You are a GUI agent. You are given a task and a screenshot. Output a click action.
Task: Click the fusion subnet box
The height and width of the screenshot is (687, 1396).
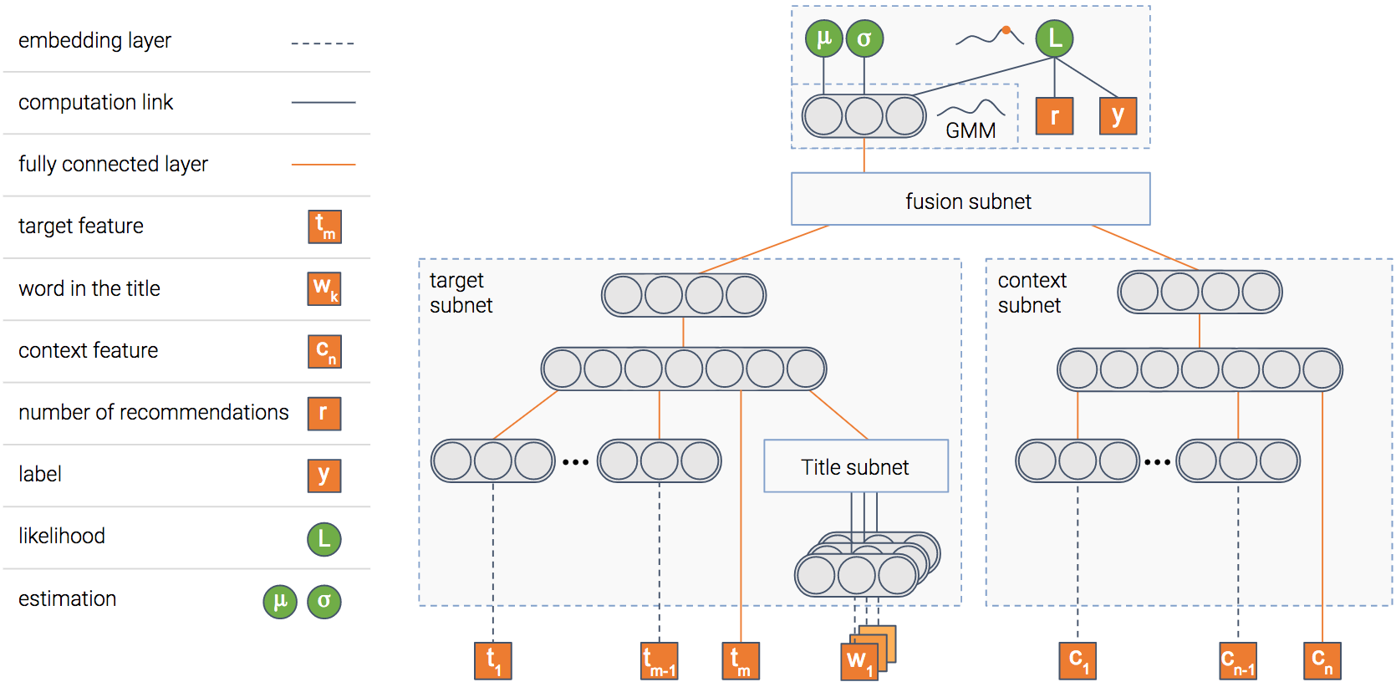click(970, 200)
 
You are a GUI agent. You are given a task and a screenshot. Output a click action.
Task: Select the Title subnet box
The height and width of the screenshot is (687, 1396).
click(855, 466)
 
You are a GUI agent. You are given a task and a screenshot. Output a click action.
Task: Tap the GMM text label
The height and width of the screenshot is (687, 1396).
click(971, 130)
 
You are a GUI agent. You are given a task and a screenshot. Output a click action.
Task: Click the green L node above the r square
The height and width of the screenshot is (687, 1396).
click(1054, 38)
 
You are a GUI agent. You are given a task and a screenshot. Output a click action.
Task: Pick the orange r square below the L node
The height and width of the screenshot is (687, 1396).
click(1054, 116)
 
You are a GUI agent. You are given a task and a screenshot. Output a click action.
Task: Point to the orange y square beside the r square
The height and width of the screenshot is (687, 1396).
click(1118, 116)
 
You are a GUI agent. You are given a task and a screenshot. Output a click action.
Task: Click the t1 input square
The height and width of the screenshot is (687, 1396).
click(493, 660)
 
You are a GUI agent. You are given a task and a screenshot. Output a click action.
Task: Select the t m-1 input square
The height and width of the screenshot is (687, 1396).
click(659, 660)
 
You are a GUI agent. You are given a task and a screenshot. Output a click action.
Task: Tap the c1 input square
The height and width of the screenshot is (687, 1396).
click(1078, 660)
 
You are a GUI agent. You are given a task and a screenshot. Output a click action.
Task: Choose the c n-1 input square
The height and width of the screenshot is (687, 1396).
click(1238, 660)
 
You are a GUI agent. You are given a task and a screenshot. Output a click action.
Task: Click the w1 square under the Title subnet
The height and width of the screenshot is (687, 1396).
click(859, 662)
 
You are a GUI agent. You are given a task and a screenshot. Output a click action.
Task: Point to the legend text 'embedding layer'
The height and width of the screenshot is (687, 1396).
click(94, 40)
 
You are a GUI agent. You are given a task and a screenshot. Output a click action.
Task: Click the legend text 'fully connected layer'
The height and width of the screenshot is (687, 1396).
click(113, 164)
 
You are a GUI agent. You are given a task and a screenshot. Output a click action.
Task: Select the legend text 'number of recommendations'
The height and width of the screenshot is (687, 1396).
click(153, 412)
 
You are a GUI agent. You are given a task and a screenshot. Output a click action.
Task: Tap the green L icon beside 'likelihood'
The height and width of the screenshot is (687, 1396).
click(324, 539)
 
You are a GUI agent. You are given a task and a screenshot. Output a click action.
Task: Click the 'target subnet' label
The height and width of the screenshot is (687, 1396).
click(461, 293)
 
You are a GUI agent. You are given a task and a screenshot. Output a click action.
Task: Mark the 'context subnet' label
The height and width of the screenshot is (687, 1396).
click(1032, 293)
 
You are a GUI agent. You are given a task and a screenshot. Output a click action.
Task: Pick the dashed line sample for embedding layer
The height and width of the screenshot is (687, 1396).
click(323, 43)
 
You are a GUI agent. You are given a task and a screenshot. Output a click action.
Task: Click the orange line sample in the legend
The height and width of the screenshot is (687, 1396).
click(323, 165)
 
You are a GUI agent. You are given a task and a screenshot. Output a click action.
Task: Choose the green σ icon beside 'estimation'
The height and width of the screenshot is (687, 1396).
click(324, 601)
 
